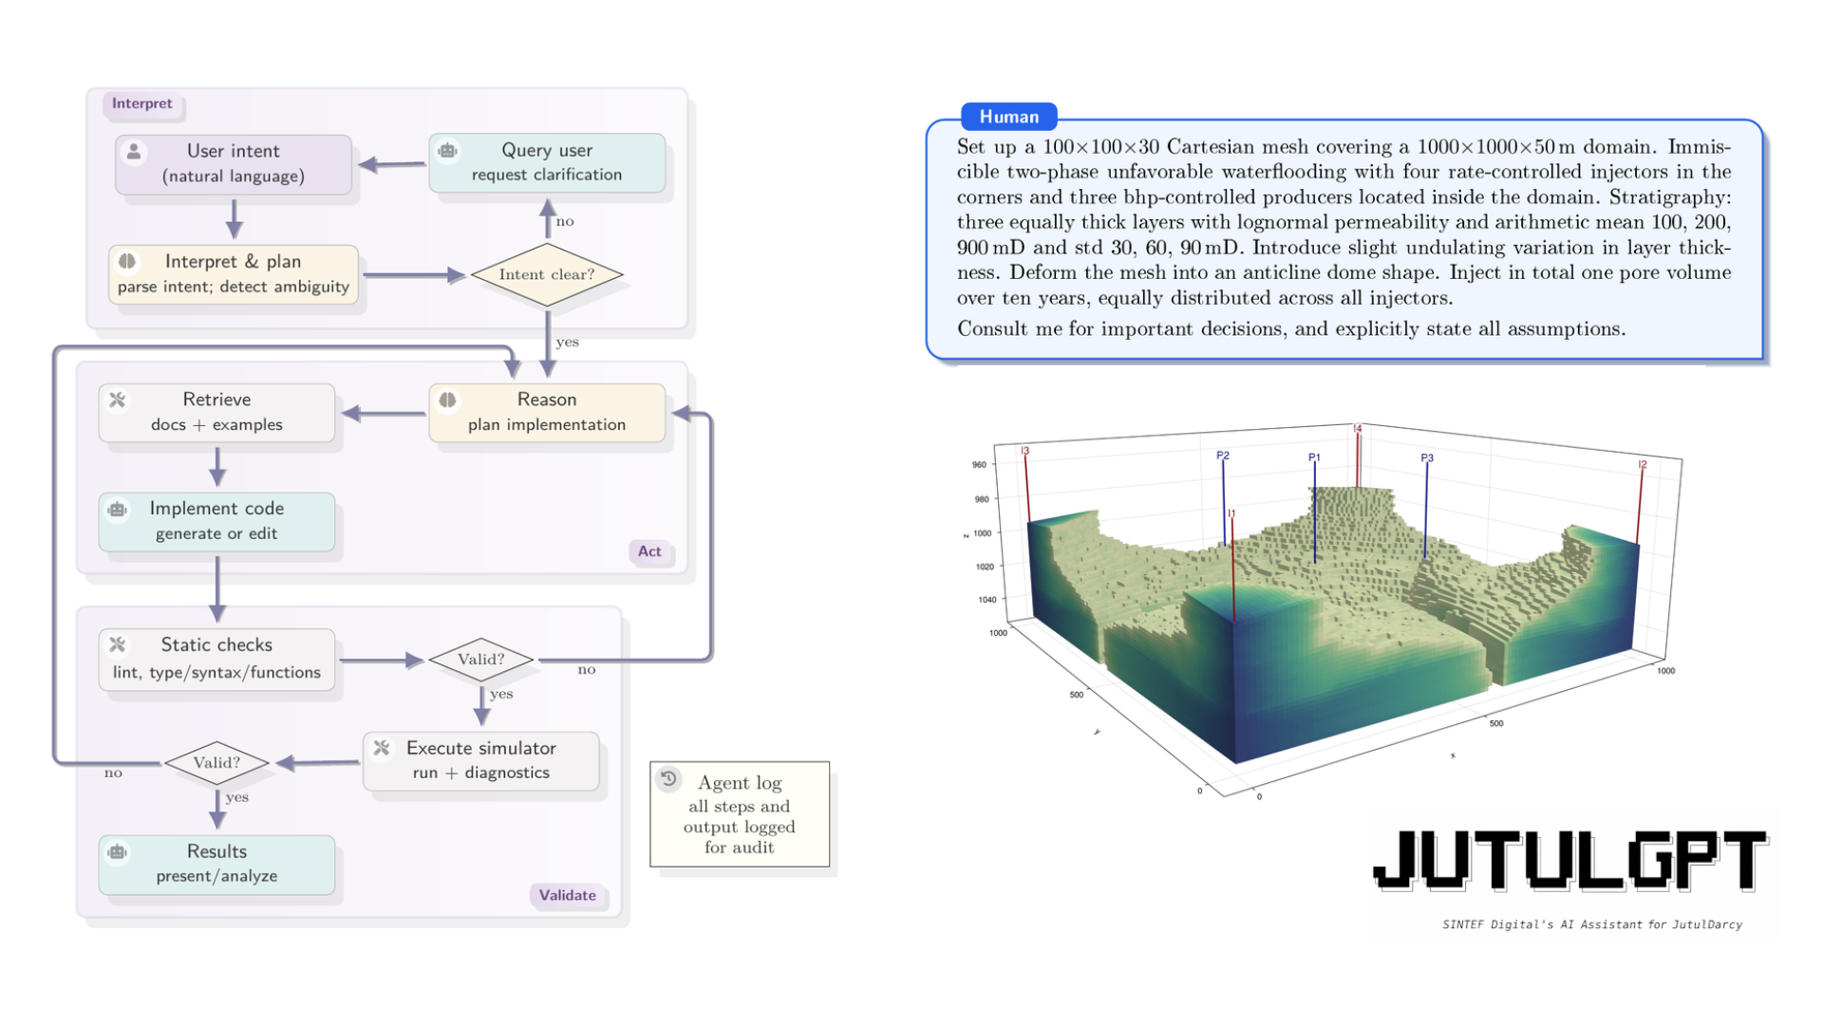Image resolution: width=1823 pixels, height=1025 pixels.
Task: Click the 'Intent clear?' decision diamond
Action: point(547,274)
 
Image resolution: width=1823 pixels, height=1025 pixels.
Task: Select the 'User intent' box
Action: point(234,163)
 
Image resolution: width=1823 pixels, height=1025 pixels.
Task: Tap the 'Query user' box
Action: point(547,162)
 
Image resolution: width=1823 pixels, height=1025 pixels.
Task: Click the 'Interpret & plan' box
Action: point(234,273)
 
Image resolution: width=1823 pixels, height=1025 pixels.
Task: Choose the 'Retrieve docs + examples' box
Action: point(216,412)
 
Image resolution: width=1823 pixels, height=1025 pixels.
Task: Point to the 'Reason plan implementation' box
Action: point(547,412)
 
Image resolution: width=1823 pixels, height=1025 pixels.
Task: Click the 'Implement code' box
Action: point(216,521)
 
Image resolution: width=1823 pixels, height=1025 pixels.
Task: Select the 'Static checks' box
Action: point(216,659)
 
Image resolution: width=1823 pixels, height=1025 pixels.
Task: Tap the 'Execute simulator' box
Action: point(480,760)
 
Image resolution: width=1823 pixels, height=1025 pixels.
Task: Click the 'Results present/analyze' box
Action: point(216,864)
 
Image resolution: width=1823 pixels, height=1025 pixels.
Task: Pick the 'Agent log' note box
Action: point(740,814)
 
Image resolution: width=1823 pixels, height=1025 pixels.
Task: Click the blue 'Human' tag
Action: point(1008,117)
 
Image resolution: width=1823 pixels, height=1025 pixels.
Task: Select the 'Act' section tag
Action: point(649,551)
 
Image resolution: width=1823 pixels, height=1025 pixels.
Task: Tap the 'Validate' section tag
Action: point(567,895)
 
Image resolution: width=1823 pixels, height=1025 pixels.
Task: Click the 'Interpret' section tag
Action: point(141,103)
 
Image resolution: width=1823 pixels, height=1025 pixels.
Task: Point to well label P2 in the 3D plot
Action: point(1223,456)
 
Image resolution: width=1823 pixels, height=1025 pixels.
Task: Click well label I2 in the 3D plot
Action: point(1643,464)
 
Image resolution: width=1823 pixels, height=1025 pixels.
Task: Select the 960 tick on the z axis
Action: point(979,465)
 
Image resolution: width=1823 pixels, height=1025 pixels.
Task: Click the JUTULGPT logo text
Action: point(1569,860)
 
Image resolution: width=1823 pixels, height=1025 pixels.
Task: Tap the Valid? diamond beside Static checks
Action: point(480,659)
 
